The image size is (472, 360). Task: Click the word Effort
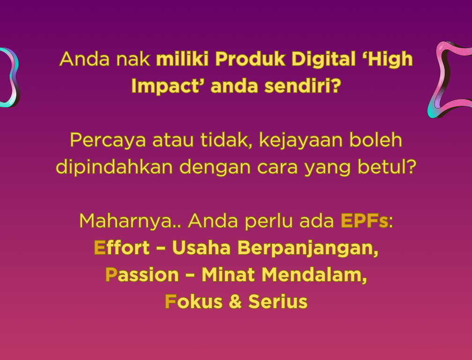[122, 247]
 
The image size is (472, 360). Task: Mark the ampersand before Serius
[235, 301]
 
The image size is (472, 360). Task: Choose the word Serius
[278, 301]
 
